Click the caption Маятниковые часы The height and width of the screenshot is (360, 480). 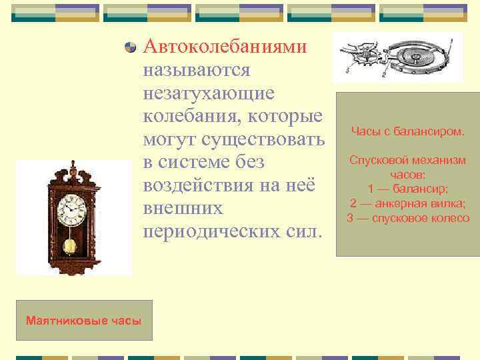click(x=83, y=321)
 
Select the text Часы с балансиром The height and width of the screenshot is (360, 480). click(x=407, y=131)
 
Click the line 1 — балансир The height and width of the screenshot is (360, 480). click(x=407, y=189)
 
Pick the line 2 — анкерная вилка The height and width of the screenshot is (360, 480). click(x=407, y=203)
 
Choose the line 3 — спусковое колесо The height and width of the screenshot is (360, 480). click(x=407, y=218)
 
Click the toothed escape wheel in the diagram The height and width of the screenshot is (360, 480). click(x=367, y=57)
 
